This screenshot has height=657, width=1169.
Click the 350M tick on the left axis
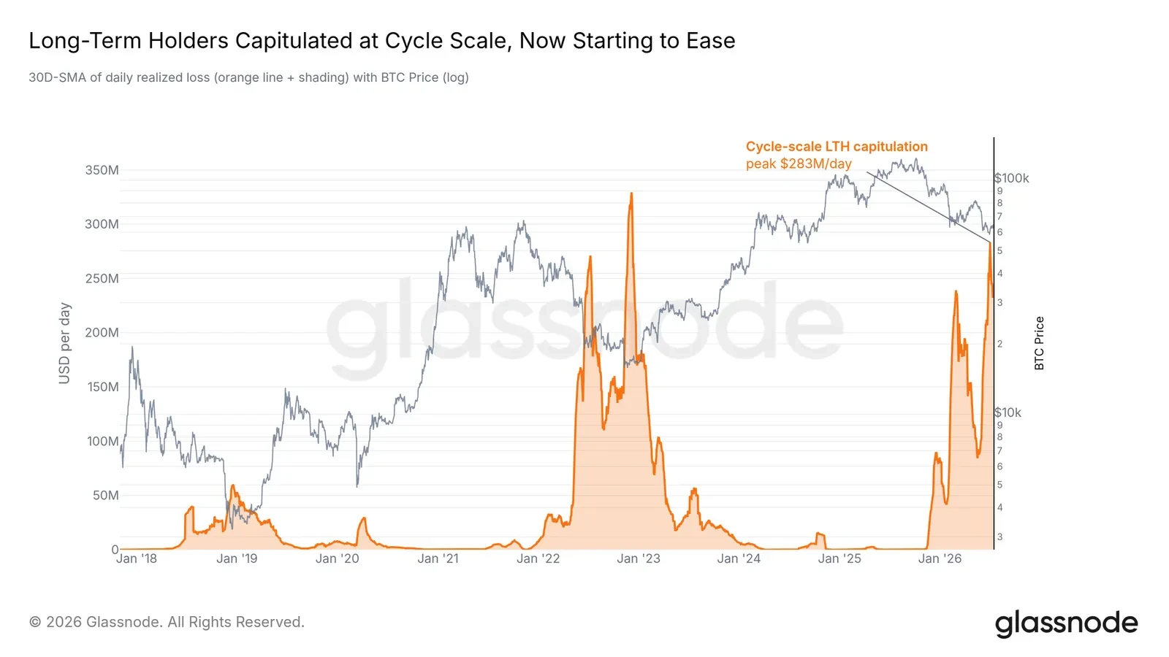click(x=102, y=170)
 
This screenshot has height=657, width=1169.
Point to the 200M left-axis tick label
click(x=102, y=333)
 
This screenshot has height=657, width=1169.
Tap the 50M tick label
click(x=105, y=496)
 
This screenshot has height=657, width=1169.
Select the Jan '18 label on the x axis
click(x=136, y=558)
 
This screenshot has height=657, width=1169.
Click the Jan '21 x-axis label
click(x=438, y=558)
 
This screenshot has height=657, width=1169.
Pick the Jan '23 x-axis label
click(x=639, y=558)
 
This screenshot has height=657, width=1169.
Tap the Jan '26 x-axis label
click(x=940, y=558)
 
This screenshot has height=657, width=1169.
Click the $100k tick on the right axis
click(x=1012, y=178)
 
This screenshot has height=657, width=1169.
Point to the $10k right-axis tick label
click(x=1008, y=412)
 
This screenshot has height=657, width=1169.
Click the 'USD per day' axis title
click(x=64, y=343)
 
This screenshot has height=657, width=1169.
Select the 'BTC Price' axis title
click(x=1039, y=343)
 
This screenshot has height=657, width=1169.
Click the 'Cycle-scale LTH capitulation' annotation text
click(x=837, y=147)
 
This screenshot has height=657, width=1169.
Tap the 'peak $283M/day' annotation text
click(x=799, y=164)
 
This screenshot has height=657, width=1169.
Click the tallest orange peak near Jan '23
click(x=631, y=193)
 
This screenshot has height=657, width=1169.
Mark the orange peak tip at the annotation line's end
click(x=990, y=243)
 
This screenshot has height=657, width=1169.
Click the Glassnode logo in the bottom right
click(x=1066, y=623)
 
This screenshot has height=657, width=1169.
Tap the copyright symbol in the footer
click(x=35, y=622)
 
